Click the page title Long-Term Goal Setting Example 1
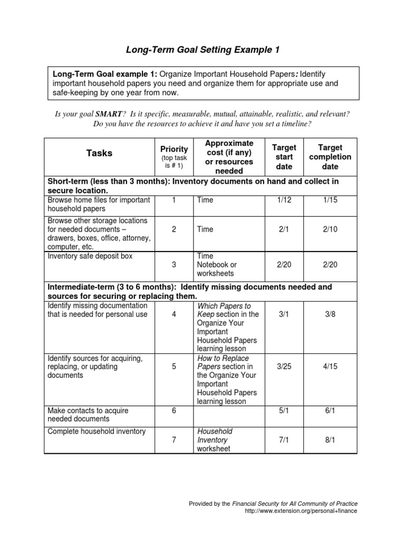click(x=202, y=50)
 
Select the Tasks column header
click(x=99, y=153)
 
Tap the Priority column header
click(x=173, y=149)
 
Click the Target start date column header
click(x=284, y=157)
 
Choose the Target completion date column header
click(x=330, y=157)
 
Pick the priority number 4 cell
click(x=173, y=314)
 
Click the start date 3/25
click(x=284, y=367)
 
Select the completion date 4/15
click(x=330, y=367)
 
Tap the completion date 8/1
click(x=330, y=440)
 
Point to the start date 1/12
click(x=284, y=200)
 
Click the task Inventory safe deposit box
click(x=90, y=256)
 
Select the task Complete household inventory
click(x=97, y=432)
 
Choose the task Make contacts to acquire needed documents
click(x=88, y=415)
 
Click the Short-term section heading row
click(x=200, y=185)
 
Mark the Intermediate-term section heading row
click(x=200, y=292)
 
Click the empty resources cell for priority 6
click(x=228, y=415)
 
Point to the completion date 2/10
click(x=330, y=229)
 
